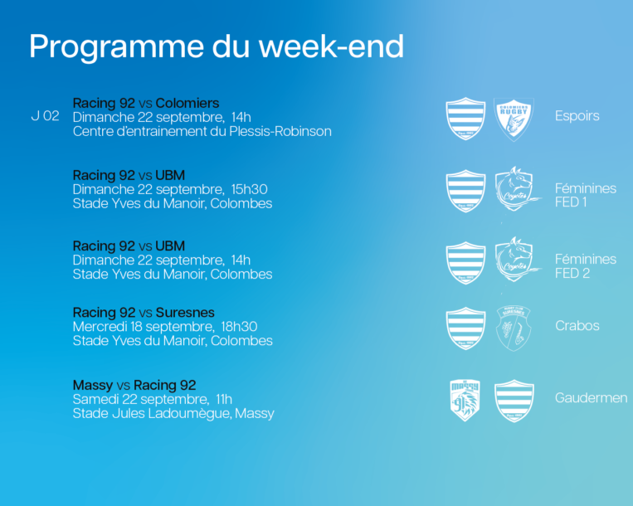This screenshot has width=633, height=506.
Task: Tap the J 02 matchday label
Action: (x=45, y=116)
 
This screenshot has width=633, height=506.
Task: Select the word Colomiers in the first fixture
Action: (x=187, y=103)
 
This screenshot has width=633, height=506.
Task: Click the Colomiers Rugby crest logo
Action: (x=514, y=119)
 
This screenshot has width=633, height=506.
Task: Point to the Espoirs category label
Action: (x=577, y=116)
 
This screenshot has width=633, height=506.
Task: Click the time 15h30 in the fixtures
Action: (x=249, y=189)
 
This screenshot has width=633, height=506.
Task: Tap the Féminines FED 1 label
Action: (x=586, y=195)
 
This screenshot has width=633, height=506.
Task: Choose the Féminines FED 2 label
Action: (x=586, y=266)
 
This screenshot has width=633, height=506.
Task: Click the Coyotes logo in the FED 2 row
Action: (x=517, y=260)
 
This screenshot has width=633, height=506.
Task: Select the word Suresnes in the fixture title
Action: (x=185, y=313)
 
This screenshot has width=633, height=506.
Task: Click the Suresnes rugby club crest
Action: (x=513, y=328)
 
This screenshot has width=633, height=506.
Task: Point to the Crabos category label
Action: (x=577, y=326)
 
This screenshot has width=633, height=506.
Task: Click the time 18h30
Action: (x=239, y=327)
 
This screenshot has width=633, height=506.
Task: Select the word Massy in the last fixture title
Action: (x=93, y=386)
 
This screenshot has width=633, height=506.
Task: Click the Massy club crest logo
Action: (x=465, y=400)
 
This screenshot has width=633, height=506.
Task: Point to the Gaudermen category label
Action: (x=591, y=398)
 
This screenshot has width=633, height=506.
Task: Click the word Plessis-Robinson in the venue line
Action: (x=280, y=131)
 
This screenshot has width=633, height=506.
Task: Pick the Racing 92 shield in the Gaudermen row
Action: (x=514, y=401)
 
